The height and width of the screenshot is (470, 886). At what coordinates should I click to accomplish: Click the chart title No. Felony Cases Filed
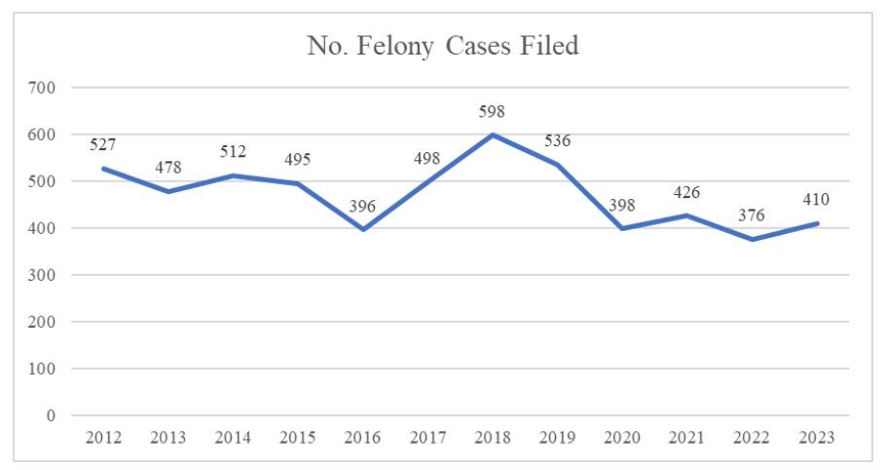point(443,45)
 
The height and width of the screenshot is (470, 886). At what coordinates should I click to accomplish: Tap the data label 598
point(493,113)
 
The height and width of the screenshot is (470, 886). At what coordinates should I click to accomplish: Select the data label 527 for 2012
point(103,145)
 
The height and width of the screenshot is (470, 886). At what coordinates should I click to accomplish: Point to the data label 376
point(752,215)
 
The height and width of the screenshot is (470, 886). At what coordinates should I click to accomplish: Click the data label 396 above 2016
point(362,207)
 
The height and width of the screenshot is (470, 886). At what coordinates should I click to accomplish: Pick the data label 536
point(557,141)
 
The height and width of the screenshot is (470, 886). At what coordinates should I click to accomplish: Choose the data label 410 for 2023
point(816,201)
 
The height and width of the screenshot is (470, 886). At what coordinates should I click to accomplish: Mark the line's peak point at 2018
point(493,135)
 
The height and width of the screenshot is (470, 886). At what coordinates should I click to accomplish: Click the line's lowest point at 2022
point(753,239)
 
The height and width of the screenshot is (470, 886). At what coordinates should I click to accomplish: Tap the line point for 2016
point(362,230)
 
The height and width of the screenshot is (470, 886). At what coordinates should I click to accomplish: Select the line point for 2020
point(622,229)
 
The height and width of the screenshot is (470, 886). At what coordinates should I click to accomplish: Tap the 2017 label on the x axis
point(427,438)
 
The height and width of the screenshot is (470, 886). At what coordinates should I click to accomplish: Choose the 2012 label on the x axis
point(103,438)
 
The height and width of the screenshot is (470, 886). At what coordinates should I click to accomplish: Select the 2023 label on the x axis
point(817,438)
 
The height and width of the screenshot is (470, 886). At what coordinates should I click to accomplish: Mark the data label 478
point(168,168)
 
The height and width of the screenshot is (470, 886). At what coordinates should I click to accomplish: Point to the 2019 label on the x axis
point(557,438)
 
